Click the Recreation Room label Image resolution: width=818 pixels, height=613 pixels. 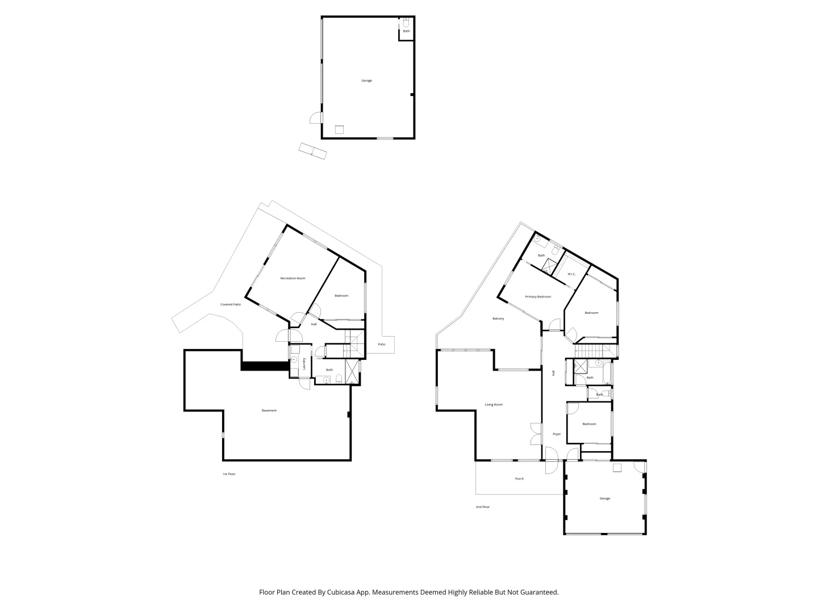pyautogui.click(x=293, y=278)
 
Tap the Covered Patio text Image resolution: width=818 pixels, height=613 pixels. pyautogui.click(x=231, y=305)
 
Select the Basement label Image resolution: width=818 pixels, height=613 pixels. pyautogui.click(x=269, y=410)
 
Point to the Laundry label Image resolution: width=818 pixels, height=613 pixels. pyautogui.click(x=304, y=363)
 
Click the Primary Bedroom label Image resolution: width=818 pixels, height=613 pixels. pyautogui.click(x=538, y=297)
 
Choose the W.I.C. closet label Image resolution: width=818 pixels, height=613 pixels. pyautogui.click(x=571, y=275)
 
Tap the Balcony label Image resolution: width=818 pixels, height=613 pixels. pyautogui.click(x=498, y=318)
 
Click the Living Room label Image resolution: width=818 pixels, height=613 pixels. pyautogui.click(x=494, y=405)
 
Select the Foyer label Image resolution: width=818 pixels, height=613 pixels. pyautogui.click(x=557, y=434)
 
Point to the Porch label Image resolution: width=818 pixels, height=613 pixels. pyautogui.click(x=519, y=478)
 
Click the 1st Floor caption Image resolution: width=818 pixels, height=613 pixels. pyautogui.click(x=229, y=474)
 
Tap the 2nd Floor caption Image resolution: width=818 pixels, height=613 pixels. pyautogui.click(x=483, y=507)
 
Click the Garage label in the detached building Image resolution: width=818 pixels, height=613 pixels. pyautogui.click(x=367, y=81)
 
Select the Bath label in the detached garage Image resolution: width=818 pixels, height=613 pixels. pyautogui.click(x=406, y=31)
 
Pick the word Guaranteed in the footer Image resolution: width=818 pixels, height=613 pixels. pyautogui.click(x=537, y=592)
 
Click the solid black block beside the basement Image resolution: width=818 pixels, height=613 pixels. pyautogui.click(x=264, y=366)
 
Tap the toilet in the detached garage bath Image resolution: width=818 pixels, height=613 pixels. pyautogui.click(x=406, y=23)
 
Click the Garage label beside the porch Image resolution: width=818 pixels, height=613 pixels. pyautogui.click(x=605, y=498)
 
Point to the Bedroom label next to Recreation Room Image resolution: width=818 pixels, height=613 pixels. pyautogui.click(x=341, y=296)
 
